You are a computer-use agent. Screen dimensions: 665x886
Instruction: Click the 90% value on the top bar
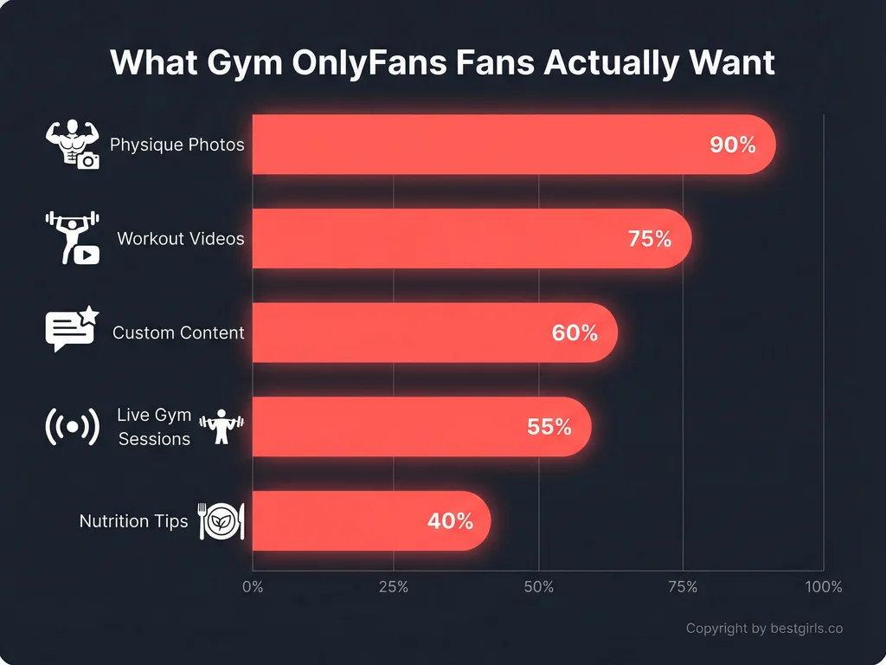[x=732, y=145]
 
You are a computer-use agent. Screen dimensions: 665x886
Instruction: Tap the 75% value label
[x=650, y=239]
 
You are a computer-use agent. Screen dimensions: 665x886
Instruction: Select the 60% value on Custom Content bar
[x=575, y=332]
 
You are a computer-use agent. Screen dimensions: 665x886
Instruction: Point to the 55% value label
[x=549, y=426]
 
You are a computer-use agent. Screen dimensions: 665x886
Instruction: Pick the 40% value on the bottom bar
[x=450, y=521]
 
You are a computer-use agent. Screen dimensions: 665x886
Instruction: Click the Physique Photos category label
[x=177, y=145]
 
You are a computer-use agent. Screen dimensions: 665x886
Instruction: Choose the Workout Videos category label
[x=181, y=238]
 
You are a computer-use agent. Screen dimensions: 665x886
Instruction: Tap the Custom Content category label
[x=178, y=332]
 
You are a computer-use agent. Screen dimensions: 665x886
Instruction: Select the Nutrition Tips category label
[x=133, y=521]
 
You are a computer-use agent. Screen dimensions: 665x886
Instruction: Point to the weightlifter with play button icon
[x=72, y=237]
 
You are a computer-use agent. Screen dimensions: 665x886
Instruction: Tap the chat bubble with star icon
[x=72, y=331]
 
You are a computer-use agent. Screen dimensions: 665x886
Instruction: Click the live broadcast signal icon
[x=72, y=426]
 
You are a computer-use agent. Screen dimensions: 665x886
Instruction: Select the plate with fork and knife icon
[x=221, y=521]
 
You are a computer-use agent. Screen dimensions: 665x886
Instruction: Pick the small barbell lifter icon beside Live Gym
[x=222, y=426]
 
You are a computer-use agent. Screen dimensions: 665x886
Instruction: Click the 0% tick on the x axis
[x=253, y=587]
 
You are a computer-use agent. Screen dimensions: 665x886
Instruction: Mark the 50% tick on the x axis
[x=538, y=587]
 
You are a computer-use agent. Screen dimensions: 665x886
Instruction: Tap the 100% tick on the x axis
[x=823, y=587]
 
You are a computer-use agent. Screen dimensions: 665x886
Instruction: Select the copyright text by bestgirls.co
[x=764, y=629]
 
